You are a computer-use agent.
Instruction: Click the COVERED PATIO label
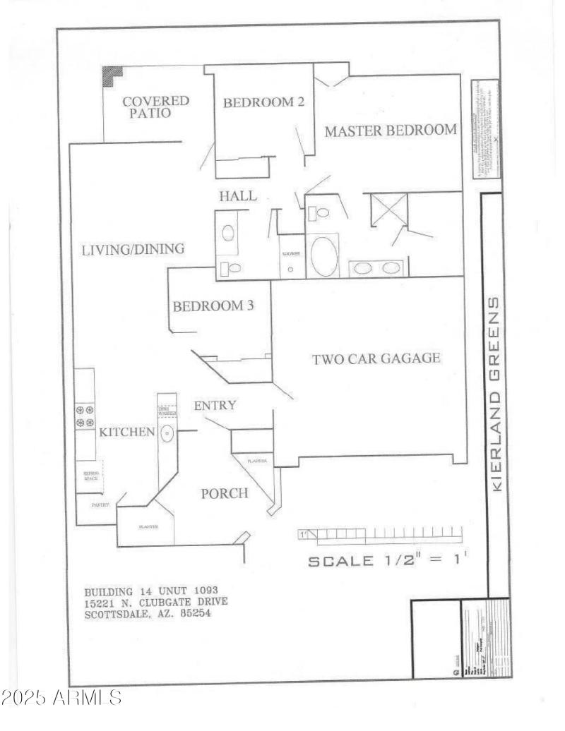pyautogui.click(x=156, y=107)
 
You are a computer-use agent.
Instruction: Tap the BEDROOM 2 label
pyautogui.click(x=263, y=102)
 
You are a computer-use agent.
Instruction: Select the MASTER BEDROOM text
pyautogui.click(x=391, y=131)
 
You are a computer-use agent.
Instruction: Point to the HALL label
pyautogui.click(x=237, y=196)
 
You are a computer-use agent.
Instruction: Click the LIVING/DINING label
pyautogui.click(x=133, y=249)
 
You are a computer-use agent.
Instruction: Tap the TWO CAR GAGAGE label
pyautogui.click(x=376, y=358)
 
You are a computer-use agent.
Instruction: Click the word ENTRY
pyautogui.click(x=215, y=406)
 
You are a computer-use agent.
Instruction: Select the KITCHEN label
pyautogui.click(x=126, y=432)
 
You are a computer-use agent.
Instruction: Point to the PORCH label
pyautogui.click(x=225, y=493)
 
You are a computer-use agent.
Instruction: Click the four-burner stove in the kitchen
pyautogui.click(x=85, y=416)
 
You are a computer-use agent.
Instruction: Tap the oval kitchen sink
pyautogui.click(x=167, y=433)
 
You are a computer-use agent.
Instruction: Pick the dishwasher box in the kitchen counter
pyautogui.click(x=167, y=411)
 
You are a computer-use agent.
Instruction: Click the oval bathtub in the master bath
pyautogui.click(x=324, y=256)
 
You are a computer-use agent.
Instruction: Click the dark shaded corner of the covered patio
pyautogui.click(x=111, y=75)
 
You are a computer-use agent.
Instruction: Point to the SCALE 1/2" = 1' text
pyautogui.click(x=388, y=561)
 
